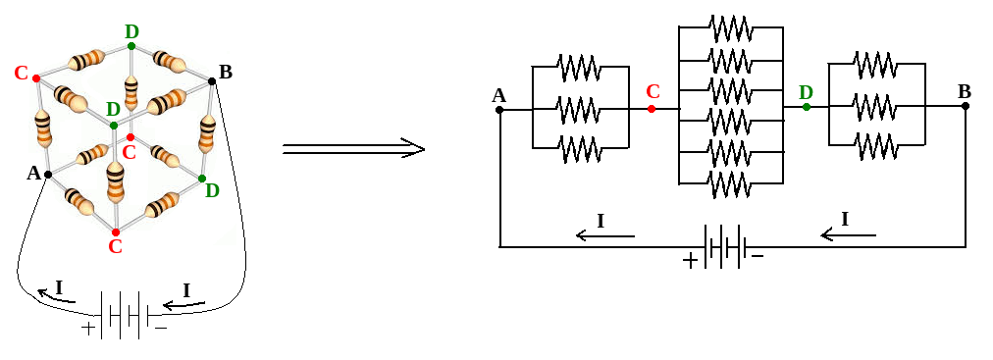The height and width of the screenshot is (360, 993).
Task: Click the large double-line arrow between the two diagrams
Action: pos(353,149)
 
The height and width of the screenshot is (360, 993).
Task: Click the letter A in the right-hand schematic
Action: pos(498,95)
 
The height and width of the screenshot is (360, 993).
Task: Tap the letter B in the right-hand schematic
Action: pos(964,91)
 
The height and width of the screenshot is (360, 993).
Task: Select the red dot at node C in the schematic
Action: pos(652,109)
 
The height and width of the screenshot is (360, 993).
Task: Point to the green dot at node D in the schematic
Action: pos(806,107)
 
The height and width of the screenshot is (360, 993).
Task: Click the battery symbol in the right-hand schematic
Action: pos(727,245)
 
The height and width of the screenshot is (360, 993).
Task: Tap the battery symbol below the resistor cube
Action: pos(124,315)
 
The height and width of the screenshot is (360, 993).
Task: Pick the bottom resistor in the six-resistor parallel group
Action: pos(730,183)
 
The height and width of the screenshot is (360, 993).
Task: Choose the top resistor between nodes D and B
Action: pos(876,65)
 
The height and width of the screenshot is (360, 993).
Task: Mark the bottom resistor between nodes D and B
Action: pos(876,146)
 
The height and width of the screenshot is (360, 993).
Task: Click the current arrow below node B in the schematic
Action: pos(848,233)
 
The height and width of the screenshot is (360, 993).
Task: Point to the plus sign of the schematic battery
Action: pos(691,261)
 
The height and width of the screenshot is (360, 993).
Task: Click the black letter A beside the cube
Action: pos(34,174)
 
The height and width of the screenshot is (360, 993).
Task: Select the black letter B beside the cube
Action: pos(225,72)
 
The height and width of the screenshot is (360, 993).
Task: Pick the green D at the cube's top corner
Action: pos(131,31)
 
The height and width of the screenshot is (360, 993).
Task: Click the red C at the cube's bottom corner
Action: pos(115,246)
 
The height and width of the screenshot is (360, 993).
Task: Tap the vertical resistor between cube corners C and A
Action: pos(42,127)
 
